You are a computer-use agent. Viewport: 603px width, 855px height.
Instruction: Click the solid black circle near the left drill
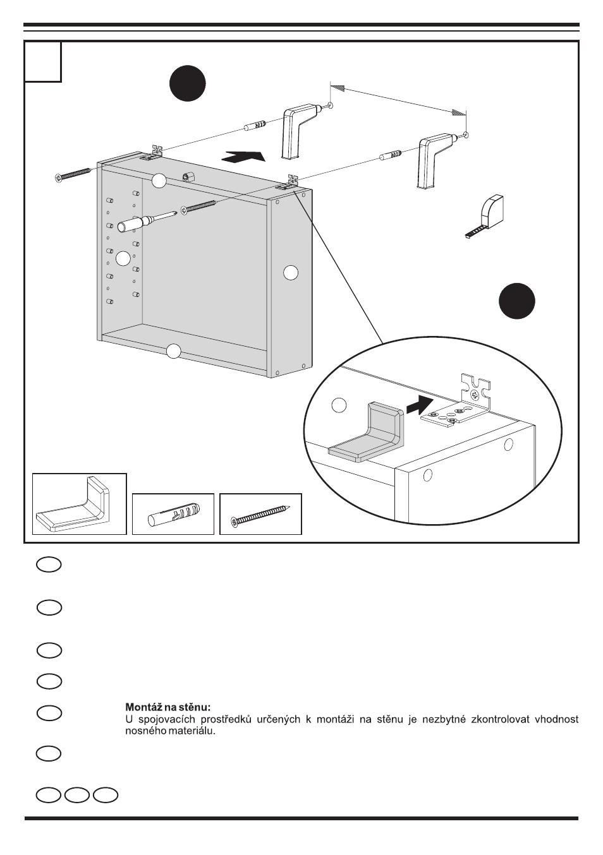(188, 83)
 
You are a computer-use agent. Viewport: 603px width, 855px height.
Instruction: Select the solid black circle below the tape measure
(516, 301)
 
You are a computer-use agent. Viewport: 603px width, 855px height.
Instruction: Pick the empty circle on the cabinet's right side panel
(290, 273)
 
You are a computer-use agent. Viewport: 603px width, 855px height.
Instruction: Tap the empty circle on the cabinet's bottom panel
(173, 351)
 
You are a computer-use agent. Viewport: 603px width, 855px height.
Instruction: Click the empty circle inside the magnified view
(339, 405)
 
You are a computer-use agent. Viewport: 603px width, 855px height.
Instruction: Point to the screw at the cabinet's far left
(75, 175)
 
